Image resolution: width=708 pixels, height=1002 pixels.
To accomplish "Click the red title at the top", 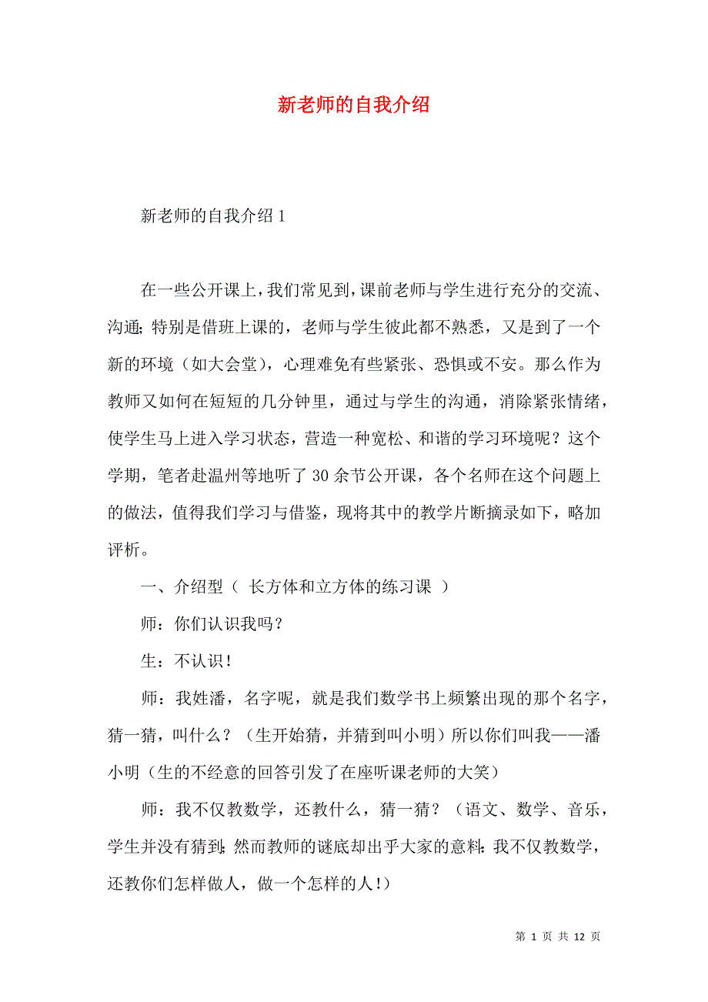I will coord(353,105).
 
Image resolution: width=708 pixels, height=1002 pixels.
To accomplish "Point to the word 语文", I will coord(484,810).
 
